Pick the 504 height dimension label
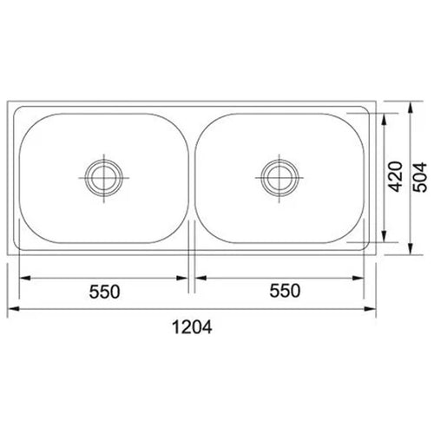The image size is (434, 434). [x=421, y=178]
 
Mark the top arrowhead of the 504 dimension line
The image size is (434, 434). [x=410, y=105]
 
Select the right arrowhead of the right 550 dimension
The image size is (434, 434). [x=361, y=279]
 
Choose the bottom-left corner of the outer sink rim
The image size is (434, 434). [x=9, y=255]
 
